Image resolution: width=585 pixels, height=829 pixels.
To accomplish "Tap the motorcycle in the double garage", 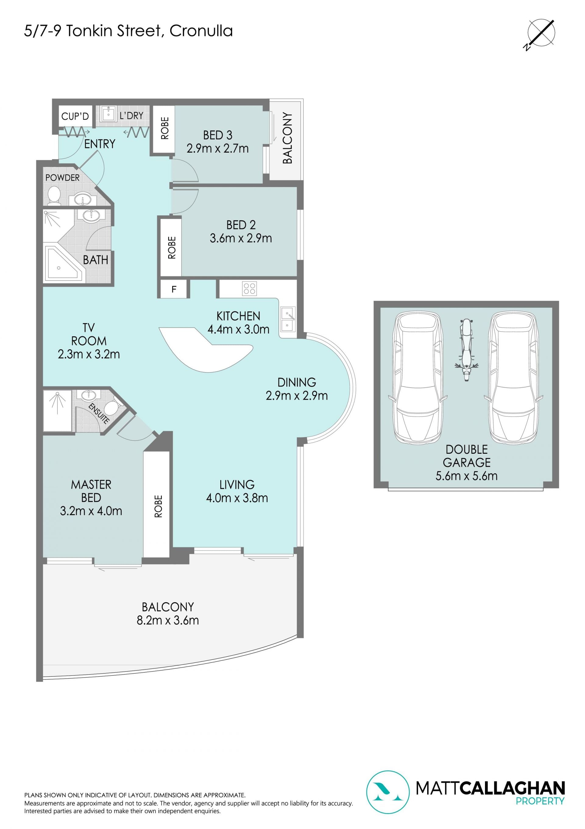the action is [466, 349].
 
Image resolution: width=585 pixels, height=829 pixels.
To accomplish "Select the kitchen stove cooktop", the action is [249, 289].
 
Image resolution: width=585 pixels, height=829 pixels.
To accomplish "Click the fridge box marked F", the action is [174, 289].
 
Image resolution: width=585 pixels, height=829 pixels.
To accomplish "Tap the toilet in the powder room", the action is [55, 194].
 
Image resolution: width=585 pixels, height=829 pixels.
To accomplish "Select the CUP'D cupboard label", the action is [75, 116].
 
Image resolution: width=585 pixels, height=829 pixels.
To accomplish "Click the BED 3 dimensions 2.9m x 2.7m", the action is [218, 148].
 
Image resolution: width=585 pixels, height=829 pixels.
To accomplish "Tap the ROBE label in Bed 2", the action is [172, 248].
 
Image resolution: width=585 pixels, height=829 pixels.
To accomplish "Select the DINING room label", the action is [296, 382].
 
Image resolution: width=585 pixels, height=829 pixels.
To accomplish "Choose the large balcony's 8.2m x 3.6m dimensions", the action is [168, 620].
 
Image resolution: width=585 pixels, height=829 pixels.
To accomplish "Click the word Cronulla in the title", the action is [201, 31].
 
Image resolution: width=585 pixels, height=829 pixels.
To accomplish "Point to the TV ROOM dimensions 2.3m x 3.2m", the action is [89, 354].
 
